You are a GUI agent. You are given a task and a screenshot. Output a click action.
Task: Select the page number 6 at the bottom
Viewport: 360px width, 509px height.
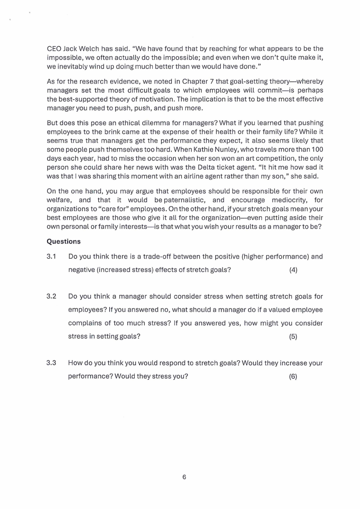184,477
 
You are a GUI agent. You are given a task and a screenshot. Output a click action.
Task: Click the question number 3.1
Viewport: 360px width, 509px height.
51,256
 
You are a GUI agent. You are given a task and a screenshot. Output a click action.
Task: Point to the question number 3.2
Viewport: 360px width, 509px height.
51,297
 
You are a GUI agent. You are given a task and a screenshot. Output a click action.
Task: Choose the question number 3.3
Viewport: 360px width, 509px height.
51,363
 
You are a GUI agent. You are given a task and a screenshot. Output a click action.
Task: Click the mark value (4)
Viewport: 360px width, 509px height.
293,270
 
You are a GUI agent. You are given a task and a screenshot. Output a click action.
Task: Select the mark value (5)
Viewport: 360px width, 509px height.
293,337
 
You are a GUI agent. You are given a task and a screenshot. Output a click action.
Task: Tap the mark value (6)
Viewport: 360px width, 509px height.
293,377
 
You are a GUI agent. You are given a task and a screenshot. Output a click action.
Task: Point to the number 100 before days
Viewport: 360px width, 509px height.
316,149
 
